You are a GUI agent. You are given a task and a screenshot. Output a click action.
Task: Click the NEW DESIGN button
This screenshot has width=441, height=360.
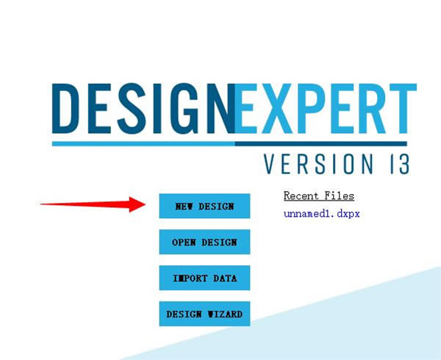(204, 206)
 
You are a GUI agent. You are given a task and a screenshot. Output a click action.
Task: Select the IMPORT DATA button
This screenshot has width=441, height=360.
(204, 278)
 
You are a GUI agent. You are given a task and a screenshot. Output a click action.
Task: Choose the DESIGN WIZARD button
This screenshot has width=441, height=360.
(204, 314)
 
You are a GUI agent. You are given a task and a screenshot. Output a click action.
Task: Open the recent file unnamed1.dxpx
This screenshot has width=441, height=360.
(321, 214)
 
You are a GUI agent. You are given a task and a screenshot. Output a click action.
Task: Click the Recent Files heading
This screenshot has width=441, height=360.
(319, 196)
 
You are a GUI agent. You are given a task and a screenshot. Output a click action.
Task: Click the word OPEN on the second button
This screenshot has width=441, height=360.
(184, 242)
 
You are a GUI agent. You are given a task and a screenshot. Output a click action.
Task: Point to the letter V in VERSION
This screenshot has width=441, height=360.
(271, 164)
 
